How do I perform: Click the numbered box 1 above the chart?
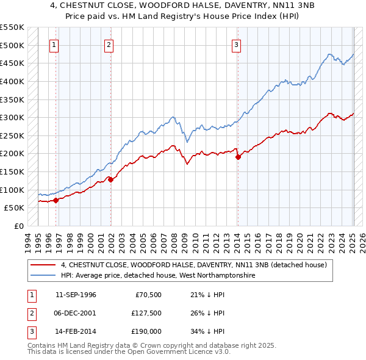[x=54, y=44]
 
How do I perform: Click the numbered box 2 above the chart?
[x=109, y=44]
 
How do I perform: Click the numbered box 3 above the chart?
[x=236, y=44]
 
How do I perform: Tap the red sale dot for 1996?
[x=56, y=200]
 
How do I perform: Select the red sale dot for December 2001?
[x=110, y=179]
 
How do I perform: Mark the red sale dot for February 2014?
[x=238, y=157]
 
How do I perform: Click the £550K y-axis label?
[x=12, y=27]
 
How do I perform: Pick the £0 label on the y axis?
[x=19, y=226]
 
